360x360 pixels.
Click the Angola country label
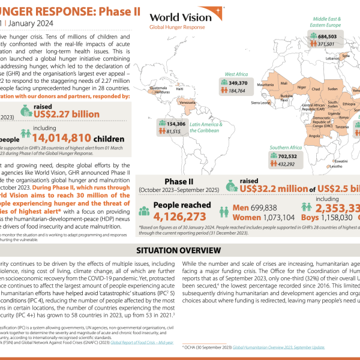point(314,136)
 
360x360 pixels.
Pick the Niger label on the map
point(302,88)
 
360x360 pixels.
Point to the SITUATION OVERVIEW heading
point(179,250)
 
